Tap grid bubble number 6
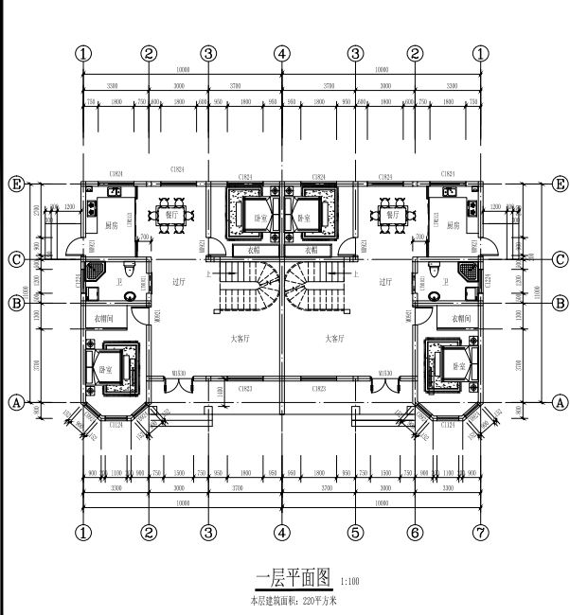click(x=415, y=533)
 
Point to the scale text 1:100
click(x=348, y=582)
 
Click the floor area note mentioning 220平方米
click(x=294, y=600)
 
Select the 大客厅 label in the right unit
click(x=334, y=338)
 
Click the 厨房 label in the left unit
click(x=112, y=226)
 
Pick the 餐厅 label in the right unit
click(x=394, y=215)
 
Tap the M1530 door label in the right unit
click(x=385, y=375)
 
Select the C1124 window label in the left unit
click(x=116, y=427)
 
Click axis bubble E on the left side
click(x=15, y=183)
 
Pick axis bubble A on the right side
click(x=559, y=401)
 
